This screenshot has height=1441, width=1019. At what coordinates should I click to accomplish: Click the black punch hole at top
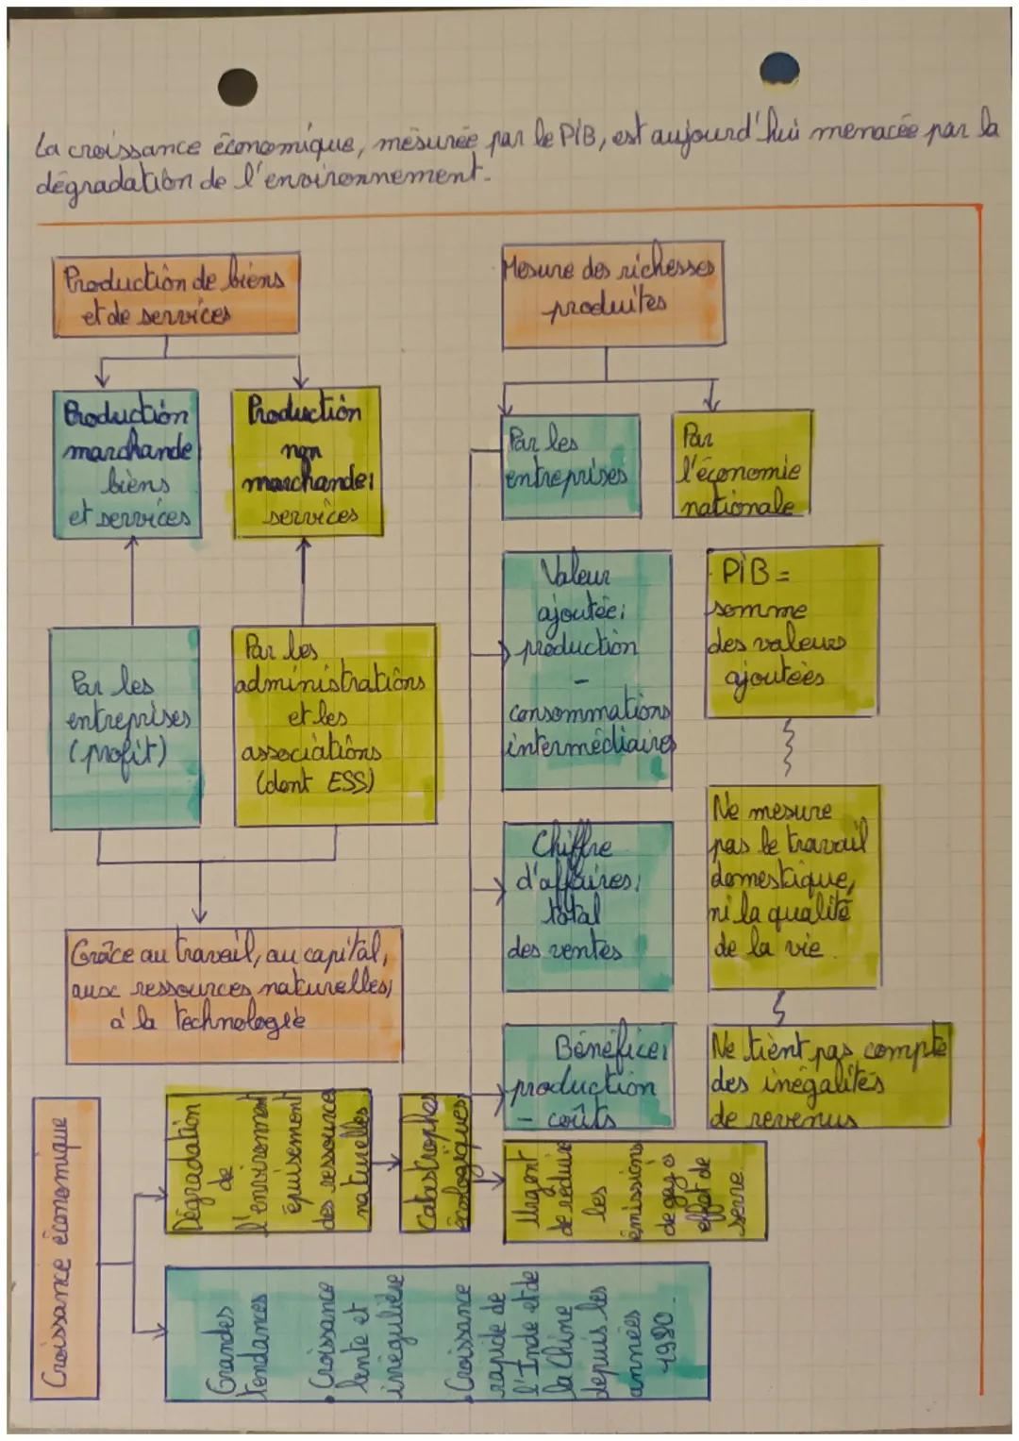pos(237,86)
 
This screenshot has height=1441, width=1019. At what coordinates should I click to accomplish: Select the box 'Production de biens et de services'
pos(175,294)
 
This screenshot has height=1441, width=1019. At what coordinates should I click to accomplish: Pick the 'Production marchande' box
pos(126,464)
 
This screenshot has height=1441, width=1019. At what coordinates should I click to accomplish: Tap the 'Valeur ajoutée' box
pos(587,670)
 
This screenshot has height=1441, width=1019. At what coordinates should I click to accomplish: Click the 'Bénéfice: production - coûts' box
pos(590,1076)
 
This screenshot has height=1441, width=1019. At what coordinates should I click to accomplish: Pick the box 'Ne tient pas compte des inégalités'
pos(828,1076)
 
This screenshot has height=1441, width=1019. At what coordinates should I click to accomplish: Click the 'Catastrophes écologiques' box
pos(434,1163)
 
